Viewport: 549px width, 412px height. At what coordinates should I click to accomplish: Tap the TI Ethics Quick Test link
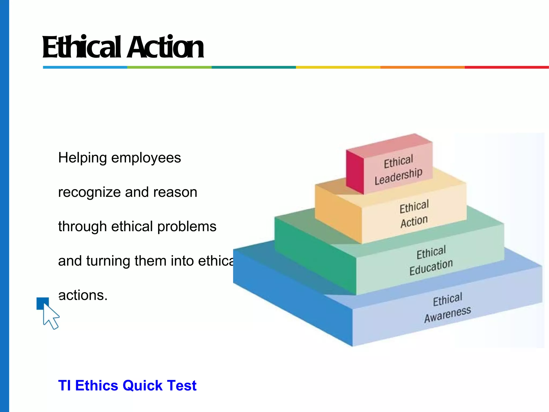(127, 385)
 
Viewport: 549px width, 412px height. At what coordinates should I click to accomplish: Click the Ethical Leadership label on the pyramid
(398, 170)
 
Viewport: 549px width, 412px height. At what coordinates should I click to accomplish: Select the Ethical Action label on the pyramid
(414, 214)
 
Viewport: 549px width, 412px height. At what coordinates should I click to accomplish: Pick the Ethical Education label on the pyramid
(431, 260)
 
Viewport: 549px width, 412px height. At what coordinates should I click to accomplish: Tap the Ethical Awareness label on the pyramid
(447, 307)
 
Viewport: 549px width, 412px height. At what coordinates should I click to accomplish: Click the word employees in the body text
(146, 158)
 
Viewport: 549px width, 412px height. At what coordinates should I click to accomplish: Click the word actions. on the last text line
(83, 295)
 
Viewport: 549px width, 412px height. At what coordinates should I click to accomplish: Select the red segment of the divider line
(507, 67)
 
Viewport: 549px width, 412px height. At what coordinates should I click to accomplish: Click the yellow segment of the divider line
(338, 67)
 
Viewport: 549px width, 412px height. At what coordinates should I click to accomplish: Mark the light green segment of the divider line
(169, 67)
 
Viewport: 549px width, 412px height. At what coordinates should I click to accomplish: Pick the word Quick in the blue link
(142, 385)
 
